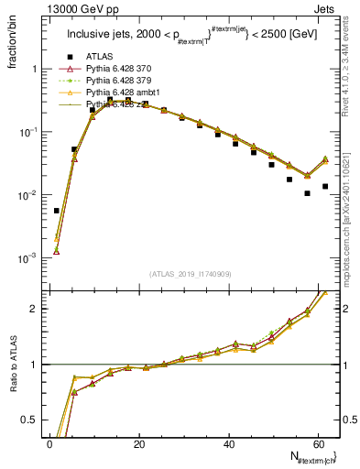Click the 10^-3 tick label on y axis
pos(27,258)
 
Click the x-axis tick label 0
pos(49,443)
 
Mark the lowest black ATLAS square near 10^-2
pos(307,193)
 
